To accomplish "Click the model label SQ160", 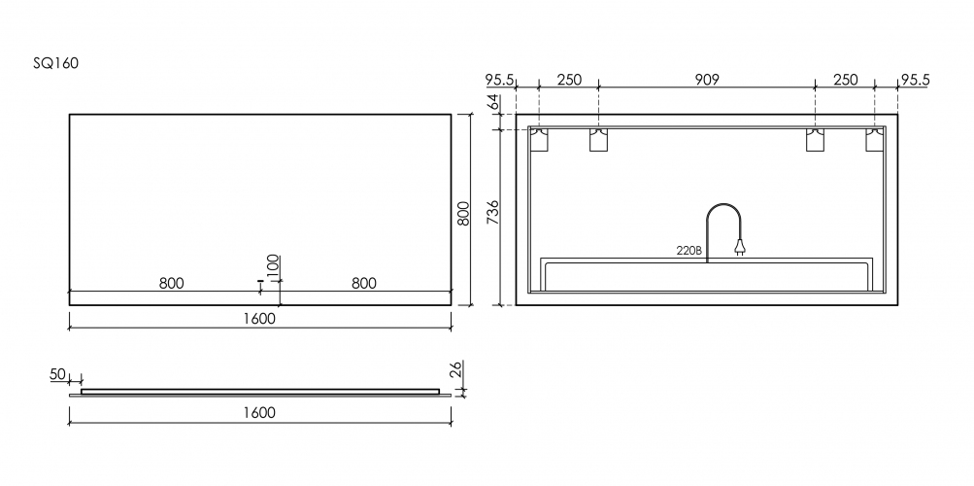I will (55, 63).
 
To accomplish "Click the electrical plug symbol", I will (741, 250).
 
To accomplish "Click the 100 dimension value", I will (273, 265).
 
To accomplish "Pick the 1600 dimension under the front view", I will (259, 318).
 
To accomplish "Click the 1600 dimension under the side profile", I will (259, 412).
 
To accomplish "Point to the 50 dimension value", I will (56, 374).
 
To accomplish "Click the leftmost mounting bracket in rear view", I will (539, 139).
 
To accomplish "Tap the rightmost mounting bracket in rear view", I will (876, 139).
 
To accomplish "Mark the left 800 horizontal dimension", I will (171, 283).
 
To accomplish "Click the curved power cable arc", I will (722, 216).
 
